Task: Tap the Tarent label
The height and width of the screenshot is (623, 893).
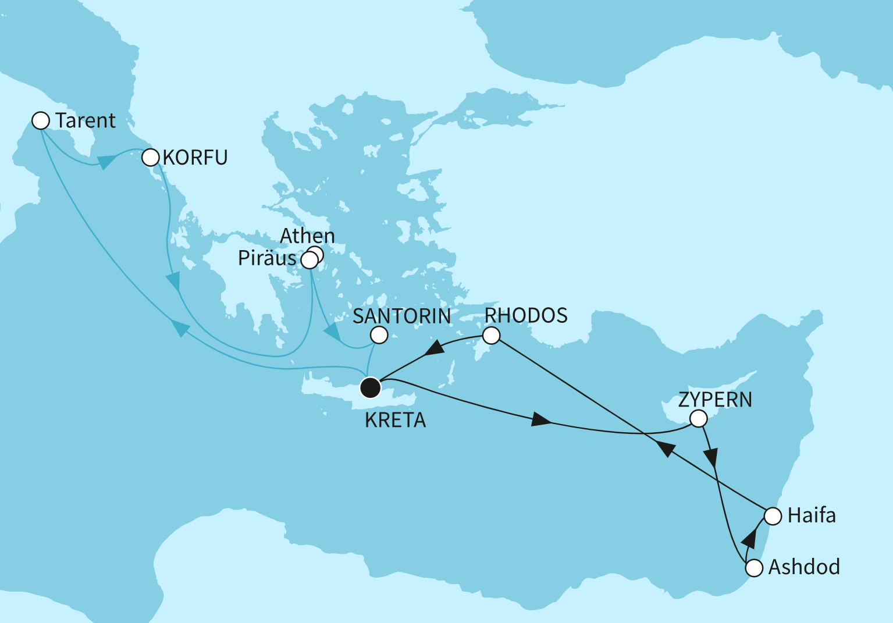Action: (x=86, y=120)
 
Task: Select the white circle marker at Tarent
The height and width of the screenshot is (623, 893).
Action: (x=40, y=120)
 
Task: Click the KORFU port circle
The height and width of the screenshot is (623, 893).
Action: (x=151, y=157)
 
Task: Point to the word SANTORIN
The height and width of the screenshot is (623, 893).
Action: (x=401, y=316)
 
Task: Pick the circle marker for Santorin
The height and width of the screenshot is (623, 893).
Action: (x=379, y=335)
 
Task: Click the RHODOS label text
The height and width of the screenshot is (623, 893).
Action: (x=526, y=315)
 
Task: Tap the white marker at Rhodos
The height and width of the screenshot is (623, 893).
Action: (x=492, y=336)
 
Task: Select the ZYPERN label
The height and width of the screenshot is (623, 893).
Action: (x=715, y=400)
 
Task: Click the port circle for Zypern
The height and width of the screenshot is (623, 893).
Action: (x=698, y=418)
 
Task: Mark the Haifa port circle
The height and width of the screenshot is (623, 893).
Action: (x=773, y=516)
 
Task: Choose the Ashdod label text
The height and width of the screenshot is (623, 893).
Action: (x=804, y=567)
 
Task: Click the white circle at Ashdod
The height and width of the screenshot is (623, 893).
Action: (x=754, y=568)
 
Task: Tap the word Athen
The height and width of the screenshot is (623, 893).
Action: (x=307, y=236)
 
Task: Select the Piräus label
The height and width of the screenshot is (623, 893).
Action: (x=267, y=258)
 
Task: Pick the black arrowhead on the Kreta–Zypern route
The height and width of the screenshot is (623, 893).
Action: (x=540, y=420)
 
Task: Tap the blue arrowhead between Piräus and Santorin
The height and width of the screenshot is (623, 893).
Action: (x=332, y=333)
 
